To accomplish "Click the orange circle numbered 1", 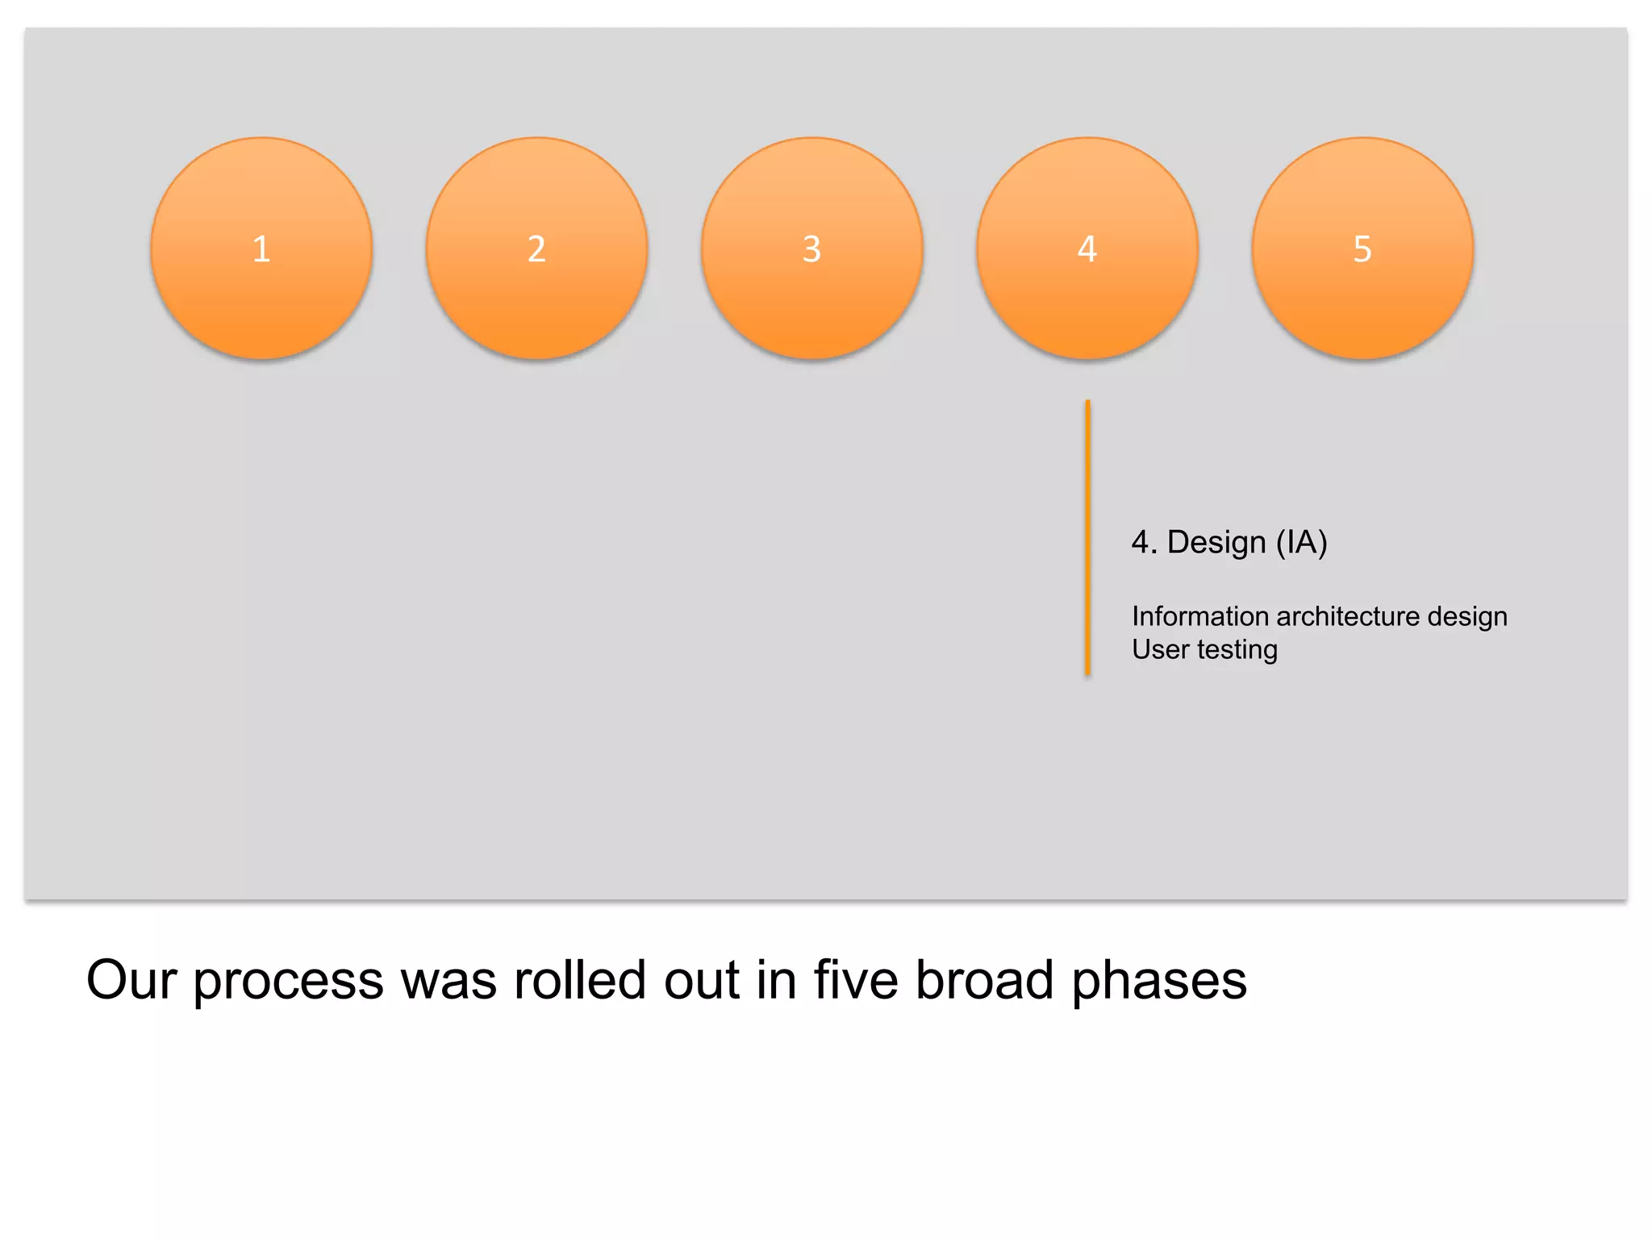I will (261, 248).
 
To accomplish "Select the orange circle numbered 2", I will (536, 248).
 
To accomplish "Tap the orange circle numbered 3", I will (812, 248).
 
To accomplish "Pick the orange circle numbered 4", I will (1087, 248).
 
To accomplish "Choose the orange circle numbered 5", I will (1362, 248).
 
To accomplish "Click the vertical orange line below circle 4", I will (1087, 537).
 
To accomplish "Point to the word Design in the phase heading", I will (1216, 543).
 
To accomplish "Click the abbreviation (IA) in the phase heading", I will (1301, 543).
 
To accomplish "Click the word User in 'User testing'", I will (1160, 649).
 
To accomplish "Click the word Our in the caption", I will (131, 980).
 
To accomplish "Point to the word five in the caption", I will (856, 980).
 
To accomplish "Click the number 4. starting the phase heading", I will (1144, 543).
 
